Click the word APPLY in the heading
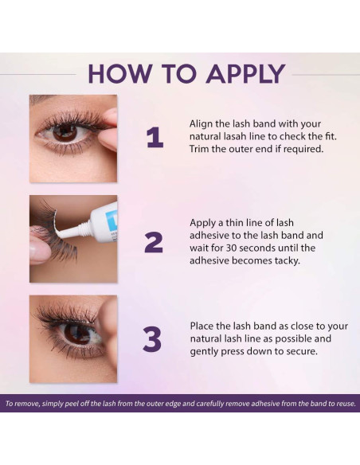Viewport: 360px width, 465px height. pyautogui.click(x=245, y=73)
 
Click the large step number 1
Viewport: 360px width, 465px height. pyautogui.click(x=155, y=137)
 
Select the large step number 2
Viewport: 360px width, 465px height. pyautogui.click(x=154, y=242)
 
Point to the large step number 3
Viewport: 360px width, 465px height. pyautogui.click(x=152, y=338)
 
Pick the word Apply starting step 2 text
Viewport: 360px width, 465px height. pyautogui.click(x=203, y=223)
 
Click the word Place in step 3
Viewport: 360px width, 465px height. pyautogui.click(x=202, y=326)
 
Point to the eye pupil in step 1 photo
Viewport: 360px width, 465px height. pyautogui.click(x=65, y=132)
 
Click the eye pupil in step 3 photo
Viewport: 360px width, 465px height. pyautogui.click(x=76, y=334)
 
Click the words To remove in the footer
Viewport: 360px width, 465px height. pyautogui.click(x=22, y=404)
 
